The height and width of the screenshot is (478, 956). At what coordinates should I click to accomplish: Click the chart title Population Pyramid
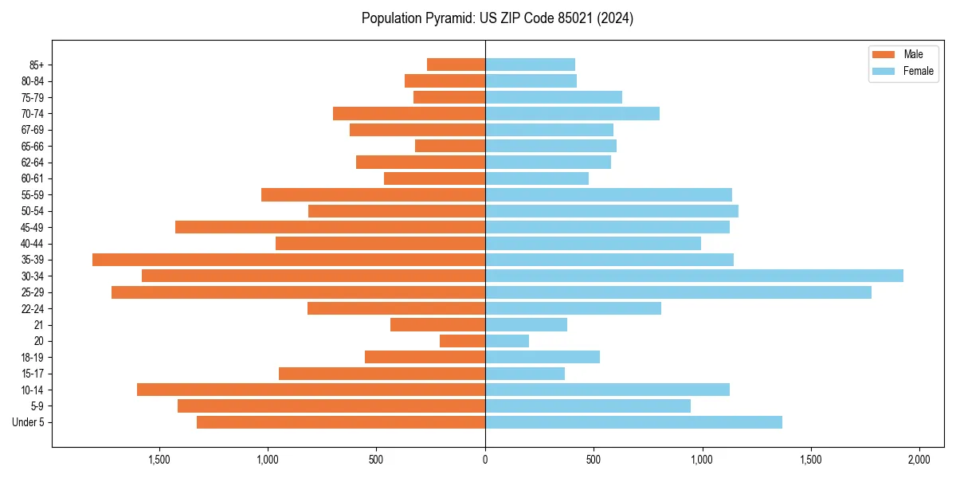pos(497,18)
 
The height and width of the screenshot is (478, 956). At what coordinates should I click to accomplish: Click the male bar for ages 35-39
pos(288,260)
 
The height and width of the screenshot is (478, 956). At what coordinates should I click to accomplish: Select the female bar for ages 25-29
pos(678,292)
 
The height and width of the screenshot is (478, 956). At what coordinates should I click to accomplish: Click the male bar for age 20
pos(462,341)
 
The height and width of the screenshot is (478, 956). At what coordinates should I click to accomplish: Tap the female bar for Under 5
pos(633,422)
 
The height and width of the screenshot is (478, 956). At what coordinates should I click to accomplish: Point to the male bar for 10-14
pos(311,390)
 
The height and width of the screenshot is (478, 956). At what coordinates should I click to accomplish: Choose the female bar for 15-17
pos(525,374)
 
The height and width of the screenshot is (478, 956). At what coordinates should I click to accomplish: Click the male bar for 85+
pos(456,65)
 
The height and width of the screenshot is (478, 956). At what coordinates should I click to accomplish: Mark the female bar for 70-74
pos(572,113)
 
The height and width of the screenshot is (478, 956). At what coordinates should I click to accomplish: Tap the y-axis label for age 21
pos(38,325)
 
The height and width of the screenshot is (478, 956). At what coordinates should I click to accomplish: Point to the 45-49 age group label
pos(32,227)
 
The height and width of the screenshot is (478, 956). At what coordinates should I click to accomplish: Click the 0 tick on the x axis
pos(485,460)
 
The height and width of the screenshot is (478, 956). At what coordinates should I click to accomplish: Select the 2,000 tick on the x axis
pos(919,460)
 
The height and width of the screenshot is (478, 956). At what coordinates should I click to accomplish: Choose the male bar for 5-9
pos(331,406)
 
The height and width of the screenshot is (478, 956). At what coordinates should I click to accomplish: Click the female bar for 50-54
pos(612,211)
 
